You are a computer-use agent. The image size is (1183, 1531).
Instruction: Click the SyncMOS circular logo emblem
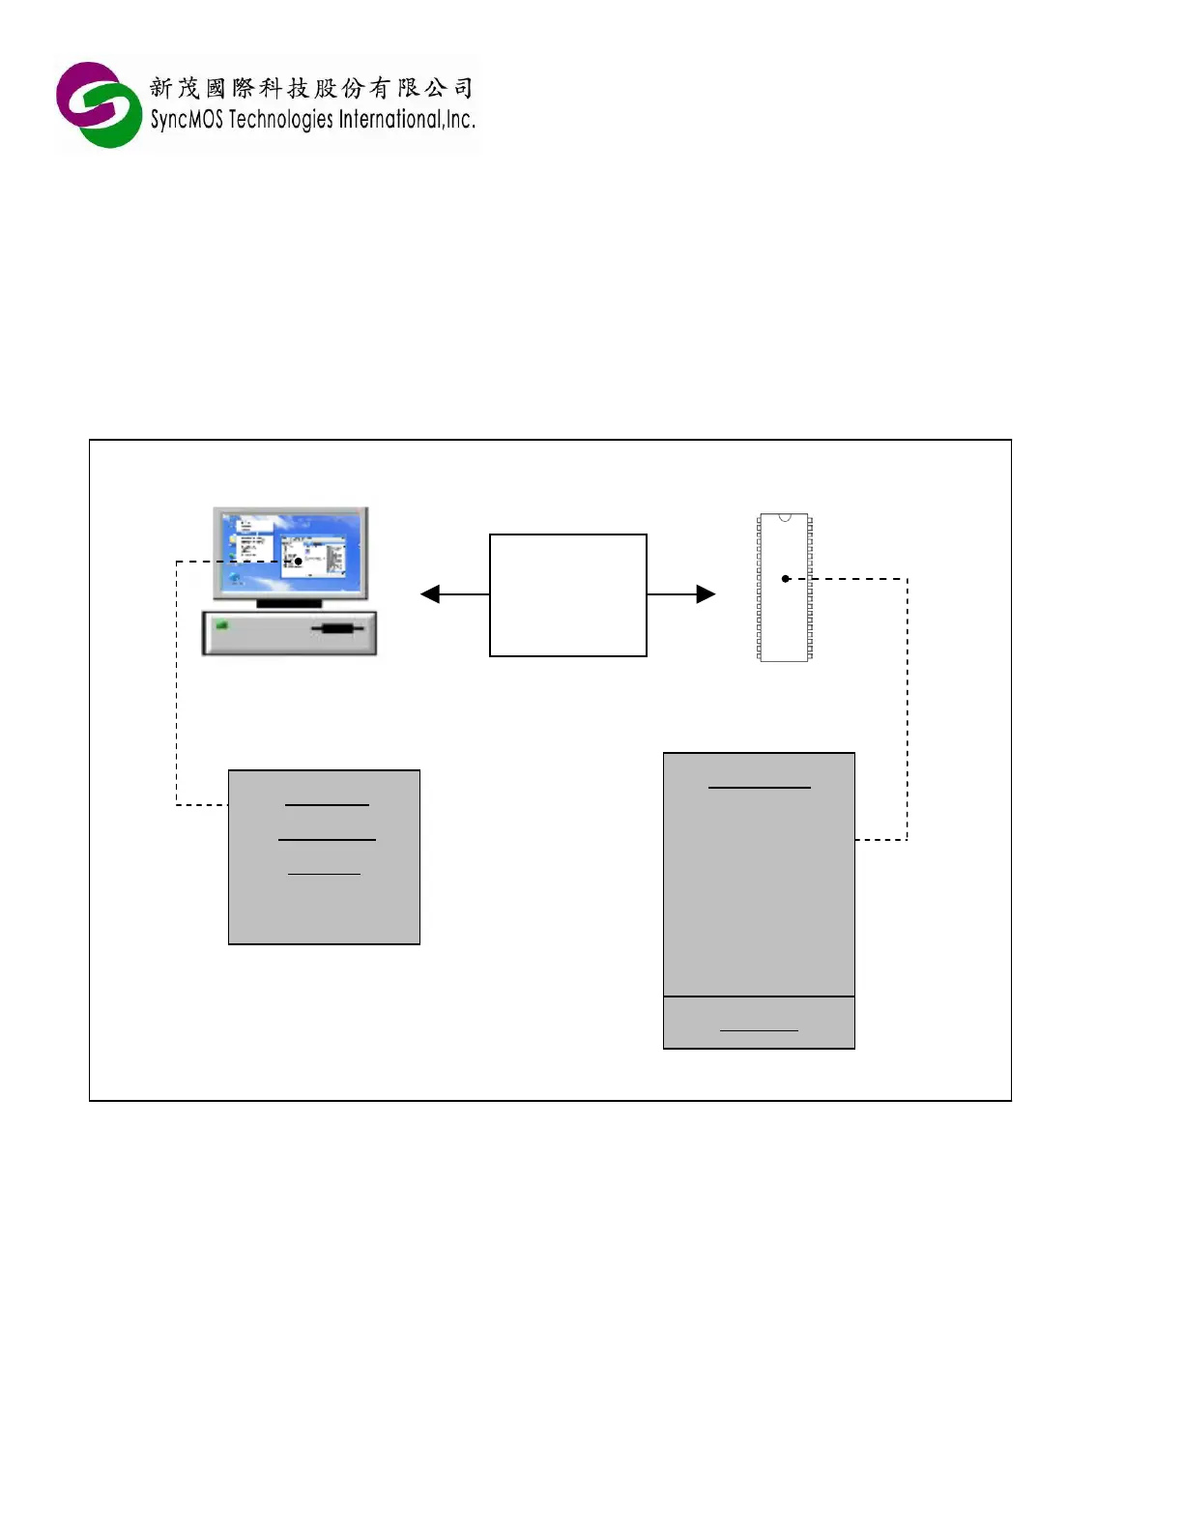point(99,104)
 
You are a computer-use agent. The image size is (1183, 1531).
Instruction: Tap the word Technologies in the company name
point(280,120)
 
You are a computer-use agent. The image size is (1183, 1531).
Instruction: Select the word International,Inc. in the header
point(407,120)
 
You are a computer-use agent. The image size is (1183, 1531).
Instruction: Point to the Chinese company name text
point(311,88)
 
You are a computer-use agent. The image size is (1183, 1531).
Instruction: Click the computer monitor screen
point(290,552)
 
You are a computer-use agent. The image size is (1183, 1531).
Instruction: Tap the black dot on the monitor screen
point(299,561)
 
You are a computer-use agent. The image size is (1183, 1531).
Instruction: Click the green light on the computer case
point(222,625)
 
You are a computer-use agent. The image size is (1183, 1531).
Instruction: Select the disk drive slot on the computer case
point(337,629)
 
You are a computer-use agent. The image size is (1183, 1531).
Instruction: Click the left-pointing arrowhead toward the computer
point(430,594)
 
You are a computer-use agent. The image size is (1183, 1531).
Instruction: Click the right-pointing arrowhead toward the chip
point(707,594)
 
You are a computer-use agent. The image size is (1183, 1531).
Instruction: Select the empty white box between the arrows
point(568,595)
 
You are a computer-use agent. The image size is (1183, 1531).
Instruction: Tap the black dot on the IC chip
point(786,579)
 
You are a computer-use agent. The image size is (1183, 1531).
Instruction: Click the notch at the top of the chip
point(785,517)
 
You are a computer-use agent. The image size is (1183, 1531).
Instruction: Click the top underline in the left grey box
point(327,804)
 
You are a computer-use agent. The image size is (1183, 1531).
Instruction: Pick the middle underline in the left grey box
point(327,839)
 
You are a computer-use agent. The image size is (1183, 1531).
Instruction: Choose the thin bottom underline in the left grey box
point(324,874)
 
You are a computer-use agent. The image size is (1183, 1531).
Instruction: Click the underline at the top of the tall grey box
point(760,788)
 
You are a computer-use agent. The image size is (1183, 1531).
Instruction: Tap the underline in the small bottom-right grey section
point(759,1030)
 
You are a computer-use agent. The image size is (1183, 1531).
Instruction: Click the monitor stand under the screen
point(289,604)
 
